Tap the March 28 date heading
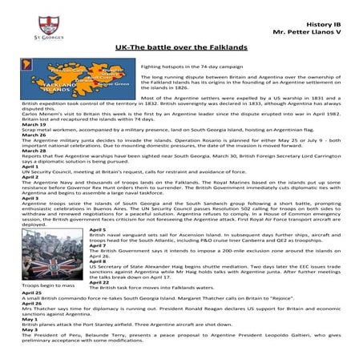tap(34, 150)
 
